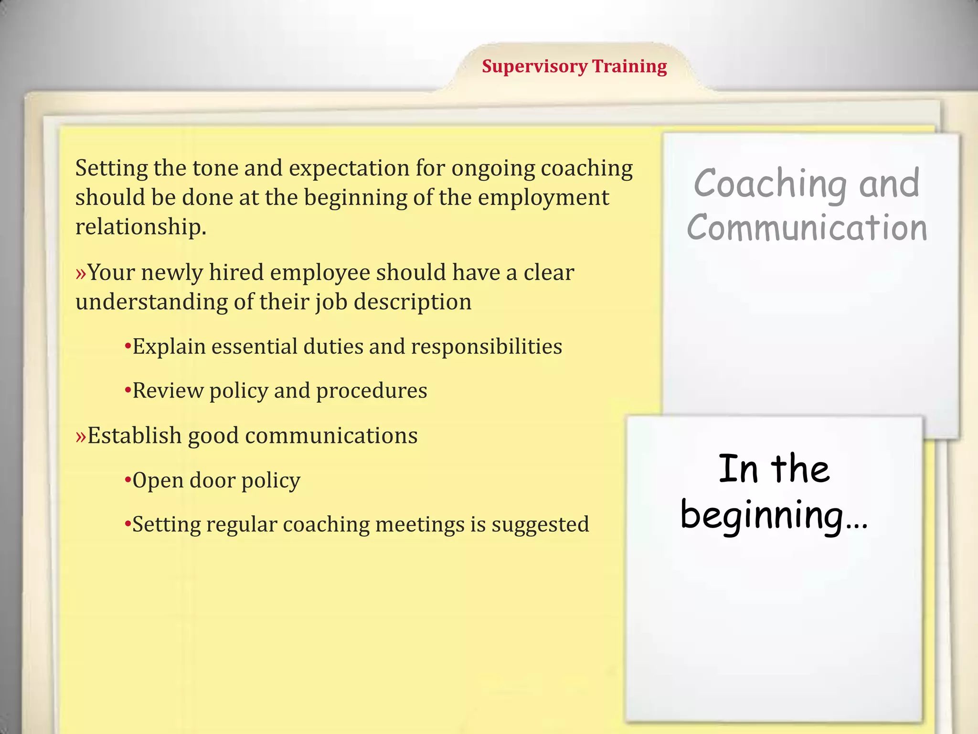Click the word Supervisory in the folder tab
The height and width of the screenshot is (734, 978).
click(534, 66)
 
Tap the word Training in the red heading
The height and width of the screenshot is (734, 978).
click(629, 66)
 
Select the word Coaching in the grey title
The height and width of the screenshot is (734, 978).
click(770, 183)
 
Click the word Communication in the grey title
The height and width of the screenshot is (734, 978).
click(807, 227)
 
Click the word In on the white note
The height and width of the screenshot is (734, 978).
click(738, 469)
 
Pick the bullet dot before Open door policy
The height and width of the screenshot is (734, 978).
click(128, 479)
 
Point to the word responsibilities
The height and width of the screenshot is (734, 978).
click(486, 347)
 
